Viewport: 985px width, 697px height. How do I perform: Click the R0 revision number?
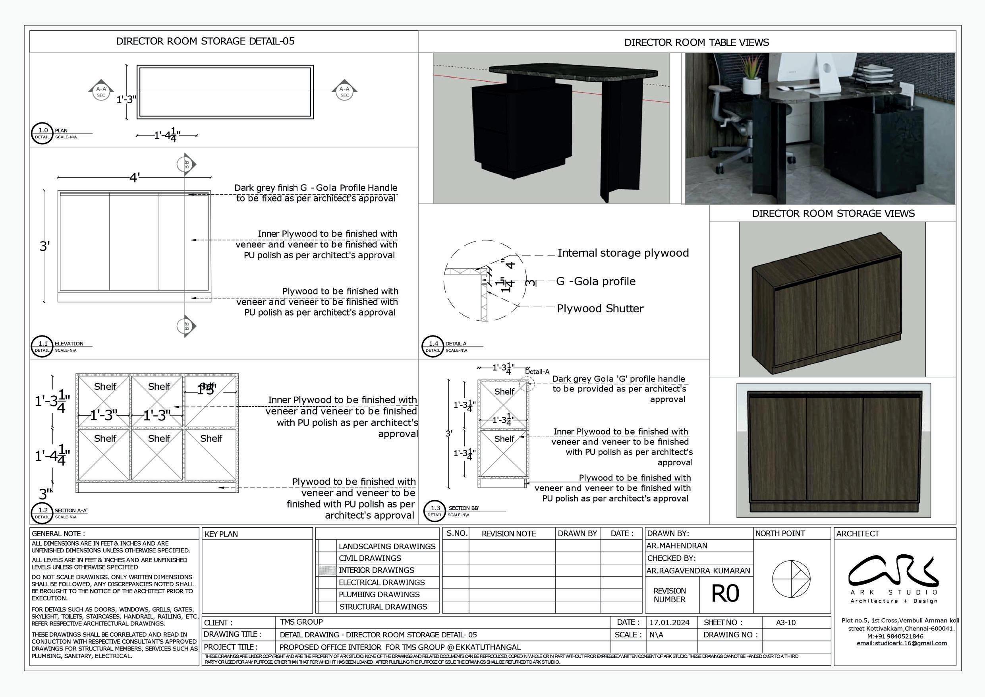[x=725, y=594]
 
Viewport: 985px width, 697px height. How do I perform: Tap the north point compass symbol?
[x=791, y=579]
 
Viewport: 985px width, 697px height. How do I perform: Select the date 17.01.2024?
[x=669, y=623]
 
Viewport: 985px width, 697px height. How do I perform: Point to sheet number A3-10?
[x=786, y=623]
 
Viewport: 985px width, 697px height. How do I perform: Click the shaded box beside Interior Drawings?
[x=327, y=570]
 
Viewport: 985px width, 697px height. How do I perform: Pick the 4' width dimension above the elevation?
[x=135, y=178]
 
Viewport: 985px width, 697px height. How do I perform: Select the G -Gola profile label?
[x=595, y=282]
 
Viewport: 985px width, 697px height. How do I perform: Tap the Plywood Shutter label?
[x=600, y=309]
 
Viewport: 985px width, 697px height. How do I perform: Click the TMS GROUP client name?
[x=301, y=622]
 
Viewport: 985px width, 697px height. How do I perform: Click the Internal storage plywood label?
[x=623, y=253]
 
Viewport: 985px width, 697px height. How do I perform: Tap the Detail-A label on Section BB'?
[x=537, y=372]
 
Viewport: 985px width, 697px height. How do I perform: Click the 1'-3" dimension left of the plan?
[x=127, y=100]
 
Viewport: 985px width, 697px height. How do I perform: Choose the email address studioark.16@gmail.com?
[x=901, y=643]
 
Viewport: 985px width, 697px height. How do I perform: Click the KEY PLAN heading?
[x=221, y=534]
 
